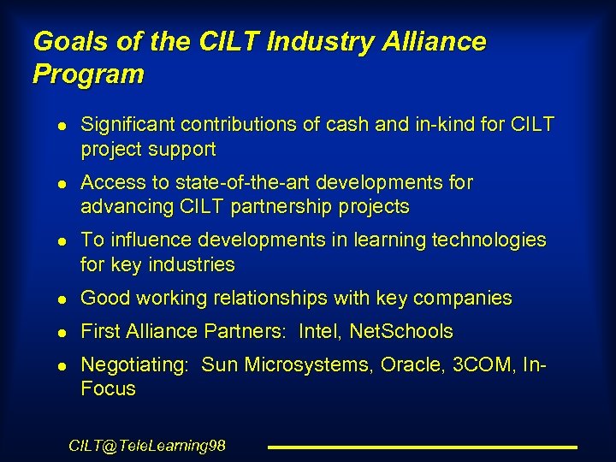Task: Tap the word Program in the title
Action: coord(88,74)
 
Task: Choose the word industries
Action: coord(191,264)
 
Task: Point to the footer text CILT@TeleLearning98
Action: coord(146,446)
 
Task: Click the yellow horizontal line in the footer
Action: coord(423,447)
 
